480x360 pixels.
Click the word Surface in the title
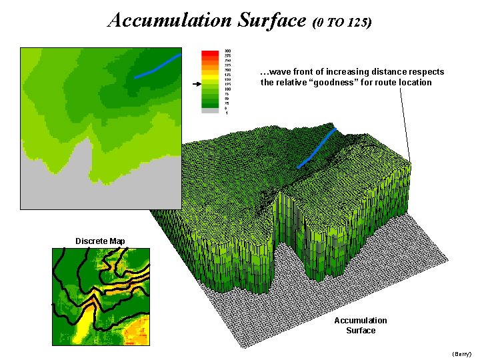(269, 20)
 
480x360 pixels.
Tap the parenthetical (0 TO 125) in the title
(341, 22)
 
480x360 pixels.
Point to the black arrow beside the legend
(195, 85)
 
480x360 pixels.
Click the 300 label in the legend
(228, 51)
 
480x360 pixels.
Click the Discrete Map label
(100, 241)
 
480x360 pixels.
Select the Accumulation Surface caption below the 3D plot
(361, 325)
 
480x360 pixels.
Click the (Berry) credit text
(461, 353)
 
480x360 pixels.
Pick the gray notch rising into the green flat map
(83, 160)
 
